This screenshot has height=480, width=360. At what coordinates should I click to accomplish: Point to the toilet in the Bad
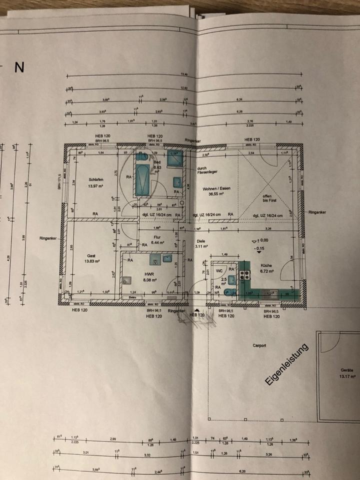click(177, 181)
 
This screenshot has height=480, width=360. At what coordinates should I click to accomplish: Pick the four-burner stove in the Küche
click(245, 274)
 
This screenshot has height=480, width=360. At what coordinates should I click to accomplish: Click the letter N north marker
click(19, 68)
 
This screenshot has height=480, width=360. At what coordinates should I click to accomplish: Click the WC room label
click(219, 270)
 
